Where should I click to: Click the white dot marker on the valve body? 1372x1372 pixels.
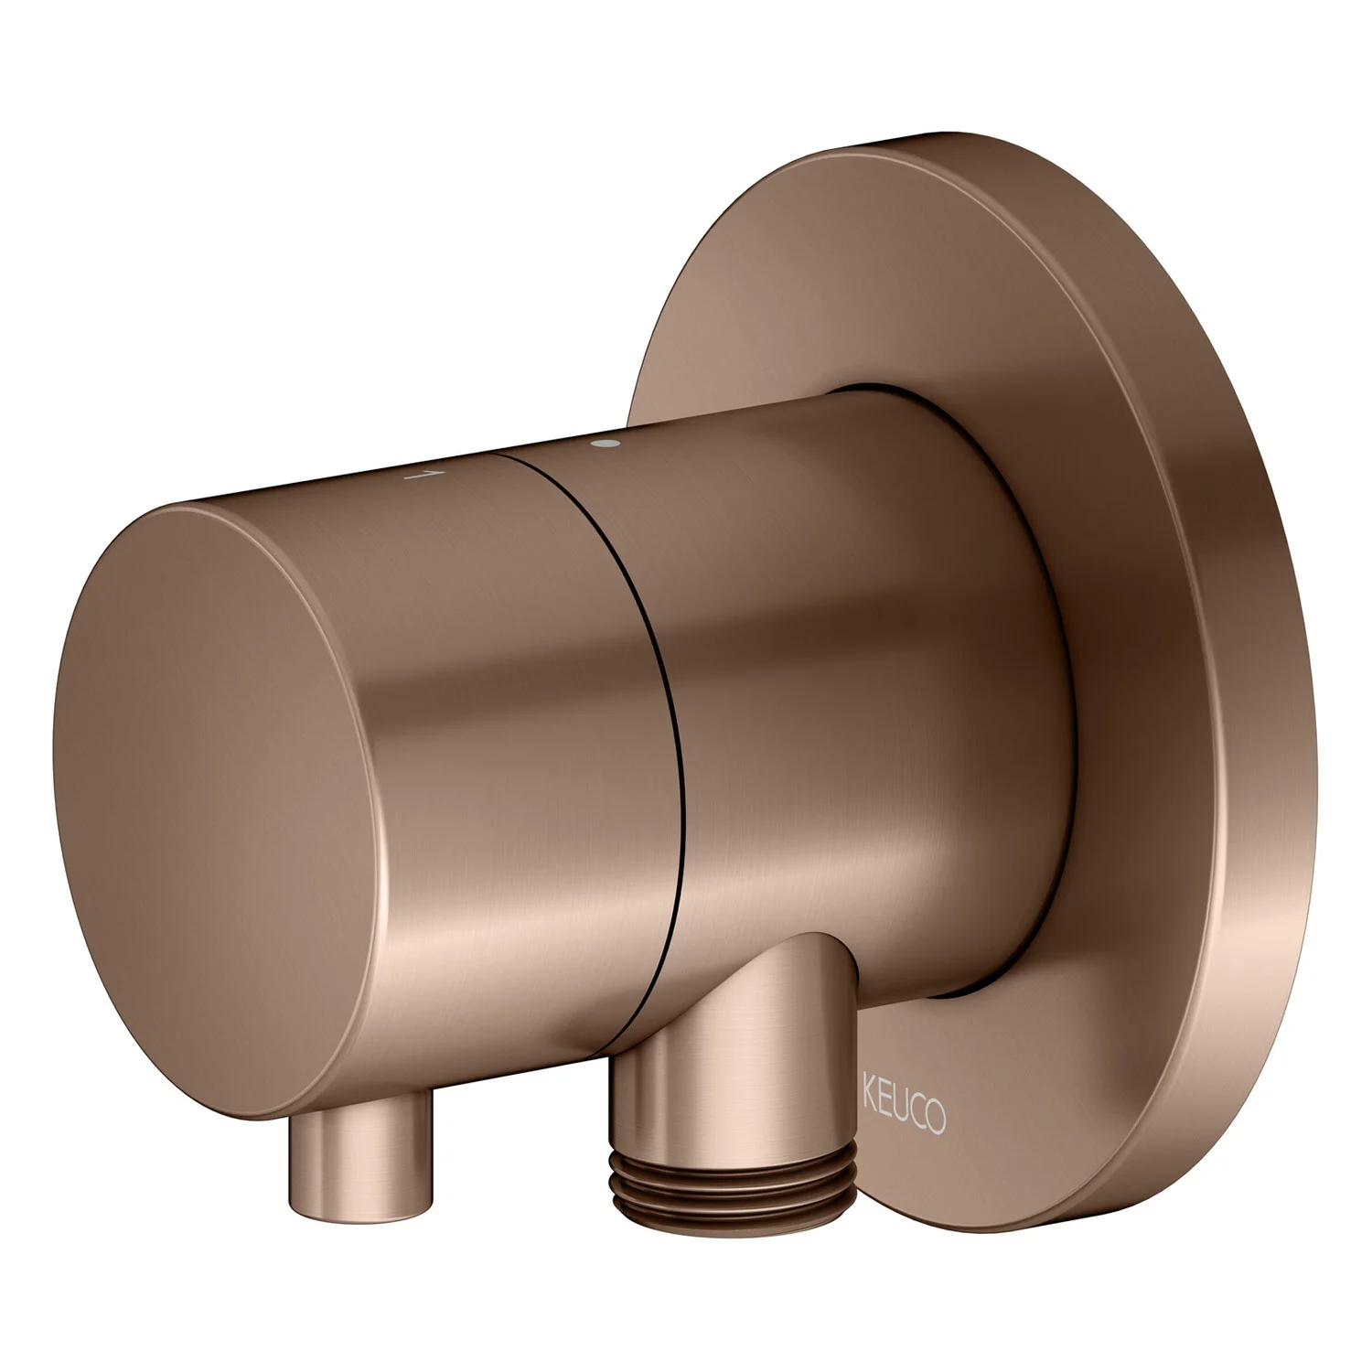tap(605, 445)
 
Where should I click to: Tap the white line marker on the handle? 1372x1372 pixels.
tap(421, 475)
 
